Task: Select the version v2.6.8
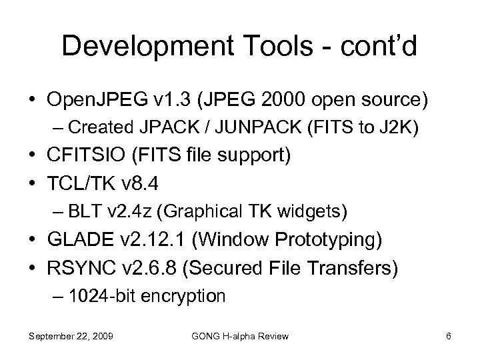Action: [x=149, y=267]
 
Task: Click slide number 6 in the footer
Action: [x=449, y=336]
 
